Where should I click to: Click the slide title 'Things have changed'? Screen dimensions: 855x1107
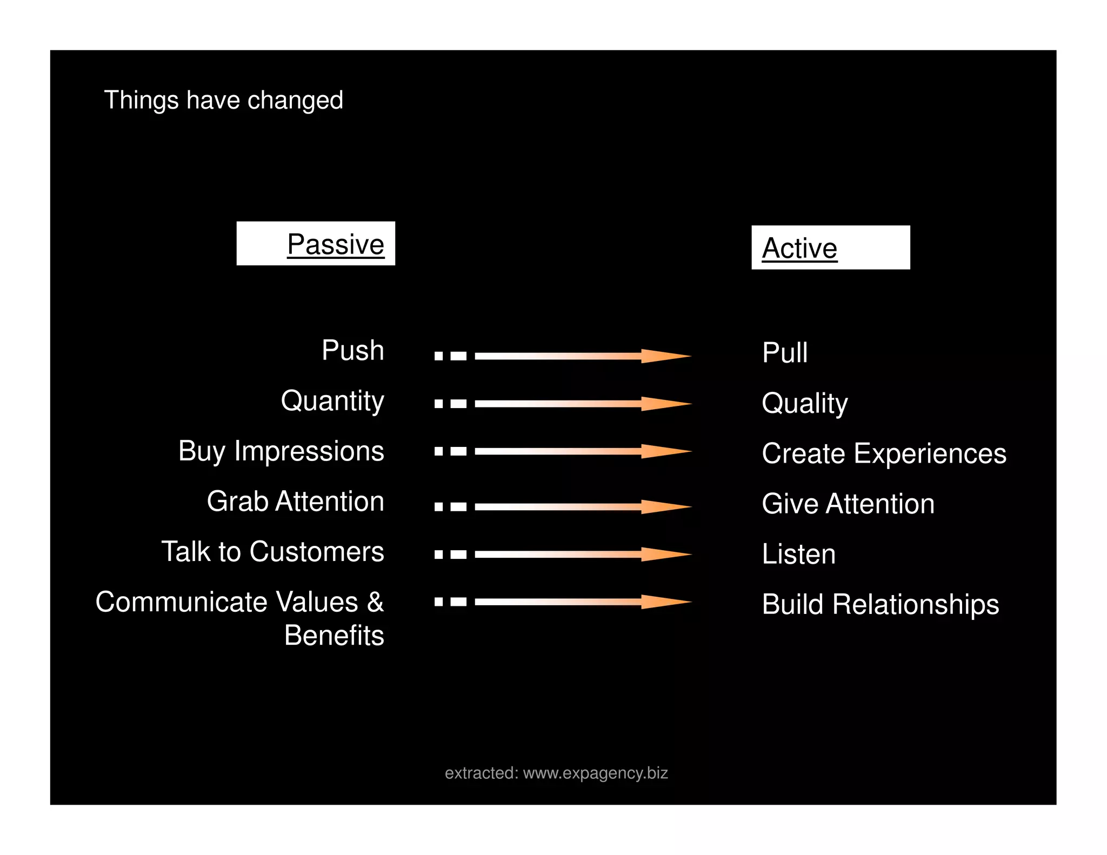223,101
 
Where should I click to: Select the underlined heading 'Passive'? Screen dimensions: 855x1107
335,244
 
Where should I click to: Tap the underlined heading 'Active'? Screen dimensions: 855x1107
799,249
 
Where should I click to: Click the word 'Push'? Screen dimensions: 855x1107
352,350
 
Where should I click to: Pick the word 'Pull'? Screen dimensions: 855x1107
784,353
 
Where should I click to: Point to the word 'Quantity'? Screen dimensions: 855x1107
332,401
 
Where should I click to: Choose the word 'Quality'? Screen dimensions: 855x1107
804,403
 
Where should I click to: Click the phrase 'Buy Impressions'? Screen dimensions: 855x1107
281,451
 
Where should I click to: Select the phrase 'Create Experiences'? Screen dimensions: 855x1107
884,453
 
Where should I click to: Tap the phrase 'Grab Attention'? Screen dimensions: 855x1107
295,502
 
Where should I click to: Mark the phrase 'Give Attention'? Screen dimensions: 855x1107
848,504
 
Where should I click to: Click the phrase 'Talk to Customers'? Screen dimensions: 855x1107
272,552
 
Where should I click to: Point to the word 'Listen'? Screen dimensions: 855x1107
798,554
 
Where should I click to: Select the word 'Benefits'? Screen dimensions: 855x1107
334,636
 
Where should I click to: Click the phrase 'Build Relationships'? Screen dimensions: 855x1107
880,604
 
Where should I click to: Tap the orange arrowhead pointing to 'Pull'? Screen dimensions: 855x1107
665,356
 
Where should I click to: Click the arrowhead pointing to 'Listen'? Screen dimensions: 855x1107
665,555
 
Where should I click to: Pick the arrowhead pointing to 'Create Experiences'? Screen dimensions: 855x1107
665,451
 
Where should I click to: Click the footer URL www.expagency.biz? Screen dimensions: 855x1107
595,773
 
